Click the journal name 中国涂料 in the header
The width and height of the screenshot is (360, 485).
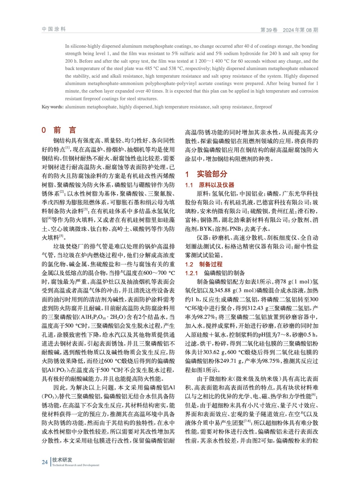coord(54,29)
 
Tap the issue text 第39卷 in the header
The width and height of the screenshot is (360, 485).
coord(269,30)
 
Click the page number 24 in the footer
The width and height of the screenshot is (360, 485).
coord(45,462)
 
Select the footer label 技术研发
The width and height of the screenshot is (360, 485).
coord(62,460)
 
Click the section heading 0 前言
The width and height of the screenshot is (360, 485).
coord(59,130)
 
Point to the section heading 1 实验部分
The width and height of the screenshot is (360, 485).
coord(206,174)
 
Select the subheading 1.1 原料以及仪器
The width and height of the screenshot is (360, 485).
coord(210,185)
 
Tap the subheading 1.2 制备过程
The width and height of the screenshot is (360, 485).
coord(204,264)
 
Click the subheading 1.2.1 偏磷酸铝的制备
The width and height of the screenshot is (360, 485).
coord(215,273)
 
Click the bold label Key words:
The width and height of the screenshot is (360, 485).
coord(52,107)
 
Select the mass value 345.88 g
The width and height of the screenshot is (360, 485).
coord(225,290)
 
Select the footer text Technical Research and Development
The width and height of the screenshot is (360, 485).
coord(76,465)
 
